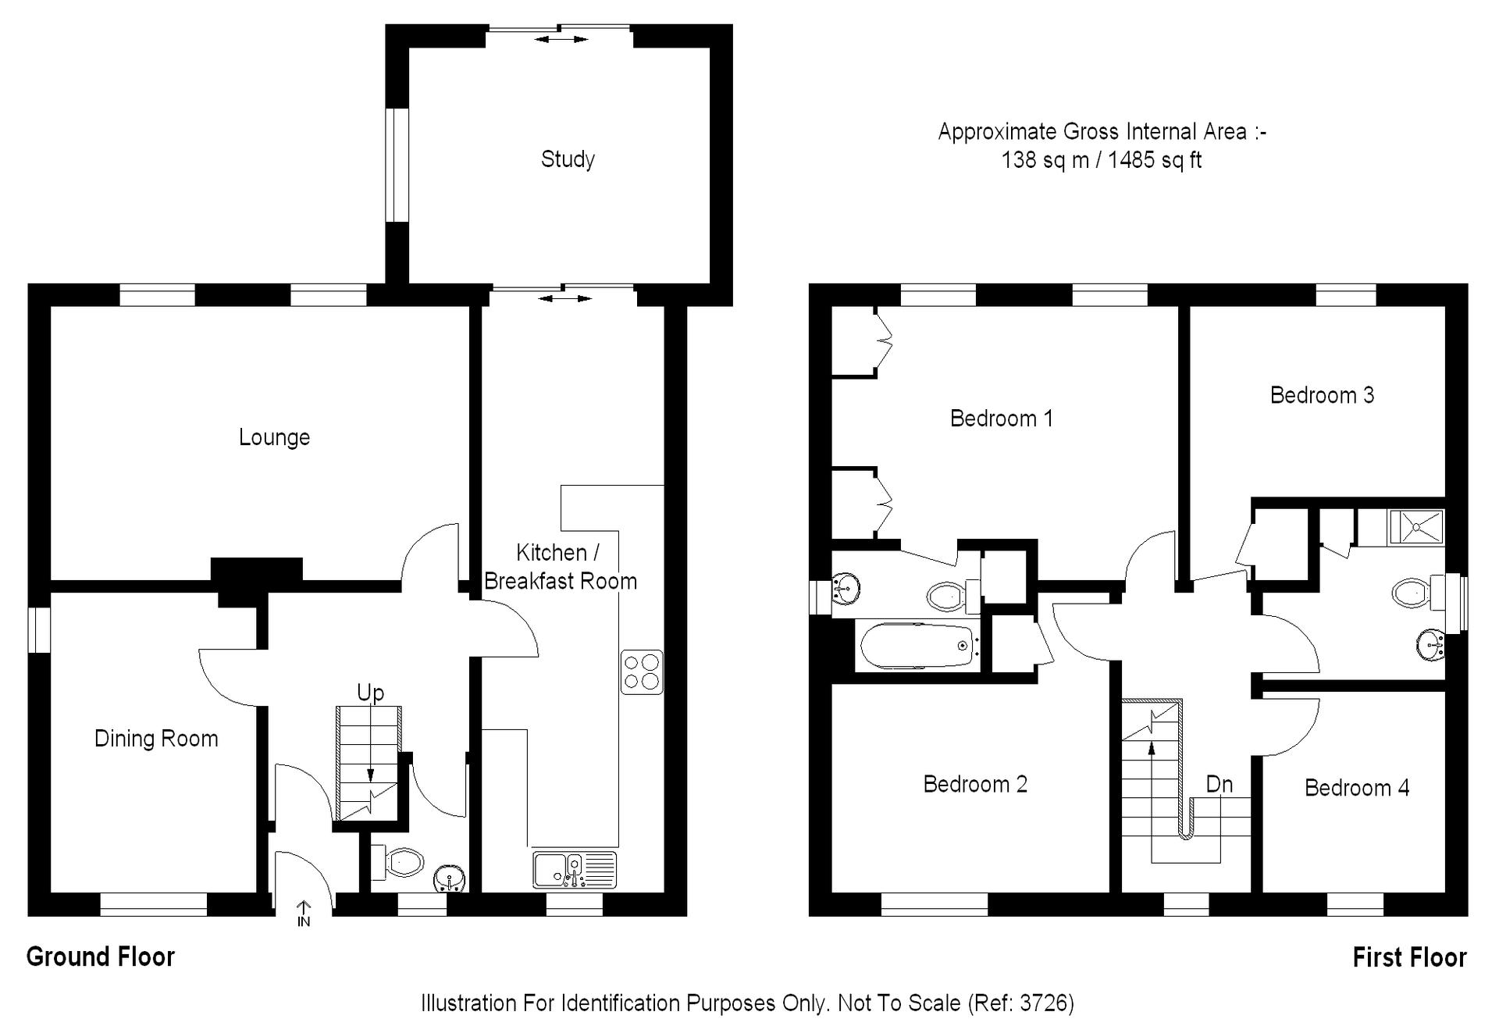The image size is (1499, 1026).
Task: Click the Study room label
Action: pyautogui.click(x=568, y=159)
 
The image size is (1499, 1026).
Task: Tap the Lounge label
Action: pyautogui.click(x=274, y=437)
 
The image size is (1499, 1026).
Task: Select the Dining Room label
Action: pyautogui.click(x=156, y=739)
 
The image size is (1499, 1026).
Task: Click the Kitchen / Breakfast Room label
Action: pyautogui.click(x=560, y=567)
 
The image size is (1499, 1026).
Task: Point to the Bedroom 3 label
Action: pyautogui.click(x=1322, y=395)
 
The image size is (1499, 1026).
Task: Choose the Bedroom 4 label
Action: pyautogui.click(x=1357, y=788)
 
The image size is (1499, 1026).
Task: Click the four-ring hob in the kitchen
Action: pyautogui.click(x=642, y=672)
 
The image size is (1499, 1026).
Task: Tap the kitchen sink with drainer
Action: pyautogui.click(x=575, y=870)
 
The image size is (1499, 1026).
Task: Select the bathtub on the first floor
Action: pyautogui.click(x=917, y=646)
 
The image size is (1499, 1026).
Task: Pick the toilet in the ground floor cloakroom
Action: pyautogui.click(x=397, y=862)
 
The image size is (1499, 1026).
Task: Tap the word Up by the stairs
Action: pyautogui.click(x=370, y=693)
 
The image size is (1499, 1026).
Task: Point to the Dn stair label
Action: pyautogui.click(x=1219, y=784)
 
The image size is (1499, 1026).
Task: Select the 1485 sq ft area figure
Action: pyautogui.click(x=1155, y=160)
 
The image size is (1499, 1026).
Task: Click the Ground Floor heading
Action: pyautogui.click(x=101, y=957)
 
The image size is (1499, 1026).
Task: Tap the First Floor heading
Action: pyautogui.click(x=1410, y=957)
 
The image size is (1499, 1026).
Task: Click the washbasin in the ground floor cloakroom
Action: pyautogui.click(x=450, y=878)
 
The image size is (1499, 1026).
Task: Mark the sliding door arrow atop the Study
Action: pyautogui.click(x=561, y=39)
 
